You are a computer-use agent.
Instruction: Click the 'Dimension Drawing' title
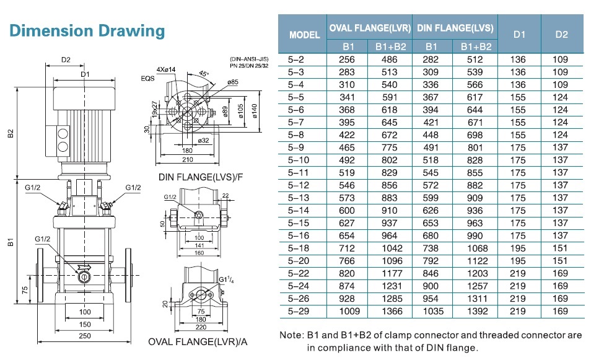coord(87,31)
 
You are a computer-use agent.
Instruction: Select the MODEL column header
coord(304,35)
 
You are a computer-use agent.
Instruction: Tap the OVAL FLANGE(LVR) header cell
coord(370,28)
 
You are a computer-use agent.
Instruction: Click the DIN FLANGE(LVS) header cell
coord(455,28)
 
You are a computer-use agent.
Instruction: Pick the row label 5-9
coord(296,147)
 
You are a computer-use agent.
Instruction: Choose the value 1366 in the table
coord(392,311)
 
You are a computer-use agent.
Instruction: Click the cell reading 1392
coord(477,311)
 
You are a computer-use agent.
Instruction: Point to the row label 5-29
coord(298,311)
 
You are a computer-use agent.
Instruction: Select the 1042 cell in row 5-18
coord(392,248)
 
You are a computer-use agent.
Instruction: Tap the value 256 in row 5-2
coord(347,59)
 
